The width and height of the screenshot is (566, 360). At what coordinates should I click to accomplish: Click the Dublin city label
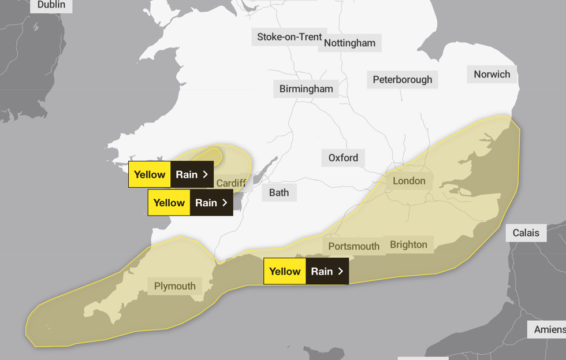coord(51,5)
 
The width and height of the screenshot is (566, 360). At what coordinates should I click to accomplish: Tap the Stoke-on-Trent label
coord(289,37)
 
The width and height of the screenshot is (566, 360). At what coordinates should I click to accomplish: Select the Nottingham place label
coord(349,43)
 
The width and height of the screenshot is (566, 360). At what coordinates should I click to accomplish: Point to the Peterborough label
coord(402,80)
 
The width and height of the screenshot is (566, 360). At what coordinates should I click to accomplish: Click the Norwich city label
coord(491,74)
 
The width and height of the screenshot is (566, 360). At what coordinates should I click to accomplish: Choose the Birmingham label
coord(306,88)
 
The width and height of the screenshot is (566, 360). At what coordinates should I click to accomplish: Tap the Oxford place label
coord(343,158)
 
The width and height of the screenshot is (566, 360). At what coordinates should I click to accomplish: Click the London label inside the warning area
coord(409,181)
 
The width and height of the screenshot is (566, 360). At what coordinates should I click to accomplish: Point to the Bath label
coord(279,192)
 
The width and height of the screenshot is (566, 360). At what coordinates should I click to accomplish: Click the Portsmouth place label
coord(353,246)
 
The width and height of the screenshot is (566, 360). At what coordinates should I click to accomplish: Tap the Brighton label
coord(408,244)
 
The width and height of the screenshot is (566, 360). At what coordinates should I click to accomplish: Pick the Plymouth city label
coord(174,286)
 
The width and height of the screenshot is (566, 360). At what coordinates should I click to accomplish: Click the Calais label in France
coord(526,233)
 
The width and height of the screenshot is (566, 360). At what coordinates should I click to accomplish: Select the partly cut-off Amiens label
coord(549,329)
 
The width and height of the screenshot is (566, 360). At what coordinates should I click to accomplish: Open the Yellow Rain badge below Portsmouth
coord(306,271)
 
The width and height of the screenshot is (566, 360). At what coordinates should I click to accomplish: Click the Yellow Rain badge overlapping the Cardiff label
coord(171,175)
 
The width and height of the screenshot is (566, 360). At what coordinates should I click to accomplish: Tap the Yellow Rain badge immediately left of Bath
coord(190,203)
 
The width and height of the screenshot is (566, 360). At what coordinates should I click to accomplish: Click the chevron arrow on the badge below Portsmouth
coord(341,271)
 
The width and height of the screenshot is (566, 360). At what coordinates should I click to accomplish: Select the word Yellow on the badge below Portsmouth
coord(285,271)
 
